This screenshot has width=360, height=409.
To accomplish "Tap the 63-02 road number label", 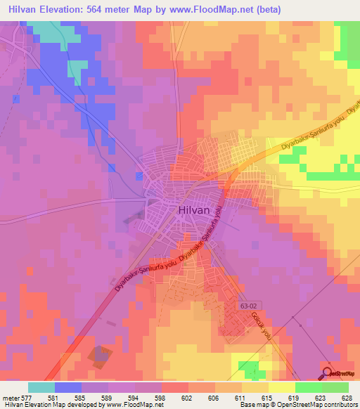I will [x=248, y=307].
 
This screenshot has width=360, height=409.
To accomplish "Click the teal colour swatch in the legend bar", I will [x=41, y=387].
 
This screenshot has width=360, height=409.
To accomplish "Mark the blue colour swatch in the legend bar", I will [x=68, y=387].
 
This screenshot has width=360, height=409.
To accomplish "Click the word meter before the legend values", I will [x=12, y=397].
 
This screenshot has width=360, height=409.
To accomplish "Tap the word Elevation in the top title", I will [x=67, y=8].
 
